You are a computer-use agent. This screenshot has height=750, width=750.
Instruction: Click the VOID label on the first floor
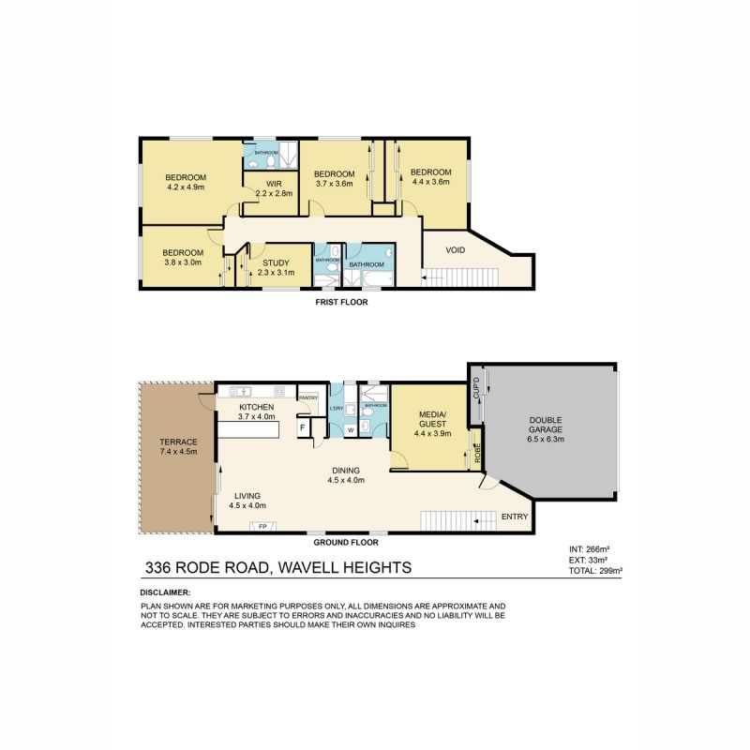pyautogui.click(x=457, y=251)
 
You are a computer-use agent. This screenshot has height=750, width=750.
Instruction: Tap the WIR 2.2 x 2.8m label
pyautogui.click(x=275, y=188)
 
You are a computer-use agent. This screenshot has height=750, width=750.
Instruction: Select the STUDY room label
pyautogui.click(x=277, y=266)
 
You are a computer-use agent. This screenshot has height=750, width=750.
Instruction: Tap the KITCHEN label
pyautogui.click(x=256, y=412)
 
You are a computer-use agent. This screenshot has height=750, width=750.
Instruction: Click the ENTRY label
pyautogui.click(x=515, y=517)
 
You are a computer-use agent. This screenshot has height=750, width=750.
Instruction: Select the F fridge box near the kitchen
pyautogui.click(x=303, y=428)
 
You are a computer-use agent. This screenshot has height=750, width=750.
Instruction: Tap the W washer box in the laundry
pyautogui.click(x=350, y=430)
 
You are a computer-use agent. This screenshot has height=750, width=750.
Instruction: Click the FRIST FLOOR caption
pyautogui.click(x=341, y=303)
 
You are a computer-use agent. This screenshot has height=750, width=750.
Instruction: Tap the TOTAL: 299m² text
pyautogui.click(x=596, y=569)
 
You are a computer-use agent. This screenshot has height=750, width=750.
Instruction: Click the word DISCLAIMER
pyautogui.click(x=165, y=592)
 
